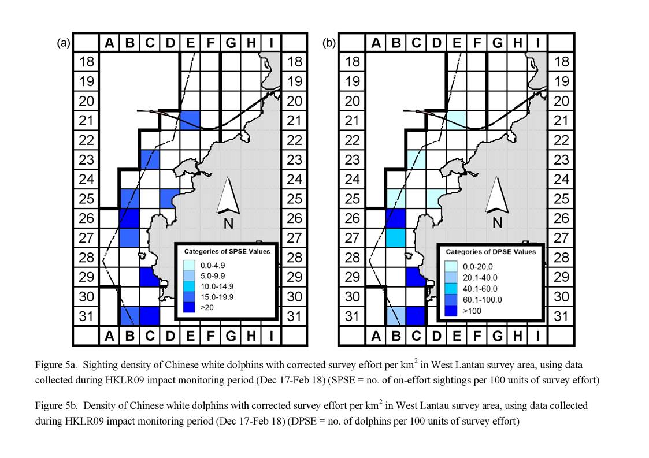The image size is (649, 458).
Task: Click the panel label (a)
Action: click(x=64, y=43)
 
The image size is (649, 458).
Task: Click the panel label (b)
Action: click(x=329, y=43)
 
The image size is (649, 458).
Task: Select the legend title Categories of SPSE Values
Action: click(x=227, y=251)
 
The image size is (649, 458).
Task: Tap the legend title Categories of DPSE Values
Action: click(x=491, y=252)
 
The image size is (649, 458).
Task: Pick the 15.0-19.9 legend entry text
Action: click(x=217, y=297)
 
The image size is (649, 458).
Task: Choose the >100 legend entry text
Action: click(x=472, y=311)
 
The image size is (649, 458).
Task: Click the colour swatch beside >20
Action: click(x=189, y=307)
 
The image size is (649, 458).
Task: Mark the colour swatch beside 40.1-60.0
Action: click(x=451, y=289)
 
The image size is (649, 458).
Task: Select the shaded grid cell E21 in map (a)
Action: click(x=190, y=120)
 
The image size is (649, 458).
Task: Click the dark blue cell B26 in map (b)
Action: click(x=395, y=218)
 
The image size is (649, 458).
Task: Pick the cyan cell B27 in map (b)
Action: click(x=395, y=238)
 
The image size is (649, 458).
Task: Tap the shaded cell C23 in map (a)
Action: click(x=150, y=159)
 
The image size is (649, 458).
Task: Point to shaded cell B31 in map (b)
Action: click(x=395, y=316)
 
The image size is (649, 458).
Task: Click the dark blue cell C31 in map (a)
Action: click(x=150, y=316)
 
